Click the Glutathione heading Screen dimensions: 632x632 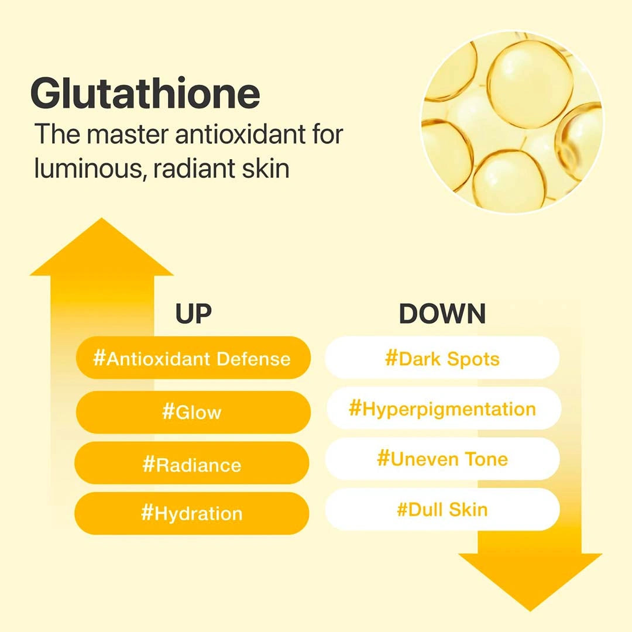145,94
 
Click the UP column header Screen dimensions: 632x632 193,314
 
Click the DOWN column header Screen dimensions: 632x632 442,314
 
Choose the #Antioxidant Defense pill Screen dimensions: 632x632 193,358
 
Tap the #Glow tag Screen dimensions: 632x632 193,412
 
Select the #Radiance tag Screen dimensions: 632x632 193,465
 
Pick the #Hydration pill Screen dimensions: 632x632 193,514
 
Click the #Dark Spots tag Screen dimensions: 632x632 442,358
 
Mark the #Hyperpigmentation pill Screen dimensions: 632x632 442,408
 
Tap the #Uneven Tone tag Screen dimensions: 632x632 442,459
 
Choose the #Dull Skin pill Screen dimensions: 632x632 442,509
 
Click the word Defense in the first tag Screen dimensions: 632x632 253,358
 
